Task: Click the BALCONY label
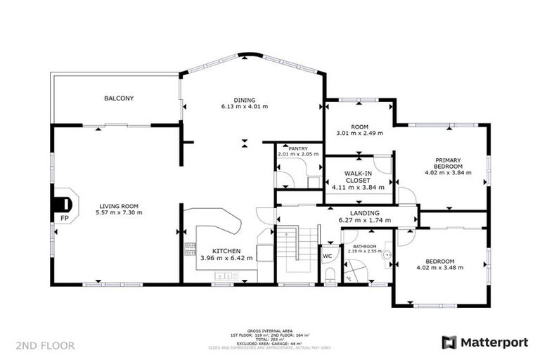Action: tap(119, 98)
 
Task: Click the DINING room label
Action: tap(245, 100)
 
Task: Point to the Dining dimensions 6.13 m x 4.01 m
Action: tap(245, 107)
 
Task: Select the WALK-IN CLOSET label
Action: tap(358, 176)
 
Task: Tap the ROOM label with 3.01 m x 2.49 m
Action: tap(359, 127)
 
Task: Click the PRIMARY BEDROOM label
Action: tap(447, 163)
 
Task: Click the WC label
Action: tap(327, 256)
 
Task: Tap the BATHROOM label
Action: tap(364, 246)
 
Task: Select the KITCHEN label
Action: tap(226, 250)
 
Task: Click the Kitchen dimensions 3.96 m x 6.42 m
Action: tap(226, 258)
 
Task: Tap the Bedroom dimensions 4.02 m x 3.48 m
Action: tap(440, 268)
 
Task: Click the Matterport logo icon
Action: tap(449, 342)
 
